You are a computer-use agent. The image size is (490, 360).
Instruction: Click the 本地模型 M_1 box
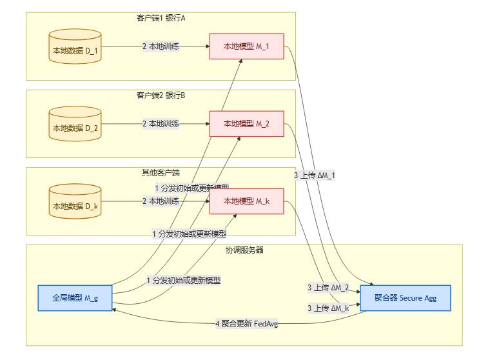pos(246,46)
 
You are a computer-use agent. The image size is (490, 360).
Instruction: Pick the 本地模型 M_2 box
pos(246,124)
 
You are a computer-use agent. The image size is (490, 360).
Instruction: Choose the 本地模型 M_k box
pos(246,201)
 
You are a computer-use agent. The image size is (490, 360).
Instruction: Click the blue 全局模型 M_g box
pos(75,298)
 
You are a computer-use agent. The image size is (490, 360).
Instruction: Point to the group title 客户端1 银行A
pos(161,18)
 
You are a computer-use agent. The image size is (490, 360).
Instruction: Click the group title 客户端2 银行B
pos(161,95)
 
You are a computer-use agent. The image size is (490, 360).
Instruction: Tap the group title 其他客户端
pos(161,173)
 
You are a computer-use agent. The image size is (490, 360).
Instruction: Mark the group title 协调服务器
pos(244,250)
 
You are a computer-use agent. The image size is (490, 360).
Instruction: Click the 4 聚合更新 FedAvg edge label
pos(247,324)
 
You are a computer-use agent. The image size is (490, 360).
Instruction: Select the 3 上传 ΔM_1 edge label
pos(315,175)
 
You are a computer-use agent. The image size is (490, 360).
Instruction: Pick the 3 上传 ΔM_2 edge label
pos(328,288)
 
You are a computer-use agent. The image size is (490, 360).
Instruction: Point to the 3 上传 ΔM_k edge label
pos(328,308)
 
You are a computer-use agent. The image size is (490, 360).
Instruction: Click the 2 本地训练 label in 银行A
pos(161,46)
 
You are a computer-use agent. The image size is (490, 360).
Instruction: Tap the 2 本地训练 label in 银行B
pos(161,124)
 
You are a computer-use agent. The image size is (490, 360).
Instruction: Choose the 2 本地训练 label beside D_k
pos(161,201)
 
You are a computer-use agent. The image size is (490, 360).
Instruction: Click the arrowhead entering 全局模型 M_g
pos(115,310)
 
